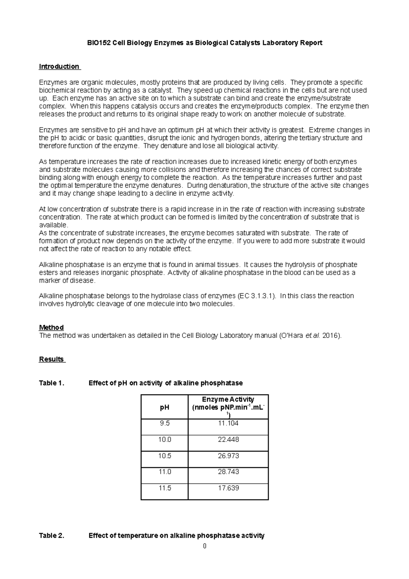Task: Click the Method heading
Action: [51, 327]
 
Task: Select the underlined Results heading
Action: [51, 359]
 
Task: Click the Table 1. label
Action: [52, 383]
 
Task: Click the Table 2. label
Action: [52, 535]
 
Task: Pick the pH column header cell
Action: [165, 407]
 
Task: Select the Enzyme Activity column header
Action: [228, 407]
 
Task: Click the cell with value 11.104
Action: [228, 424]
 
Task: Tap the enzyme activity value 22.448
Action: [228, 440]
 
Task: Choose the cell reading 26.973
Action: [228, 456]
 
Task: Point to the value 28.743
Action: [228, 472]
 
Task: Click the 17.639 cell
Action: [228, 488]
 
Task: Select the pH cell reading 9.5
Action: [165, 424]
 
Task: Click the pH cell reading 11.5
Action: [165, 488]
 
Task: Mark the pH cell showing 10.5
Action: [165, 456]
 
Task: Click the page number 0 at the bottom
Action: [204, 546]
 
